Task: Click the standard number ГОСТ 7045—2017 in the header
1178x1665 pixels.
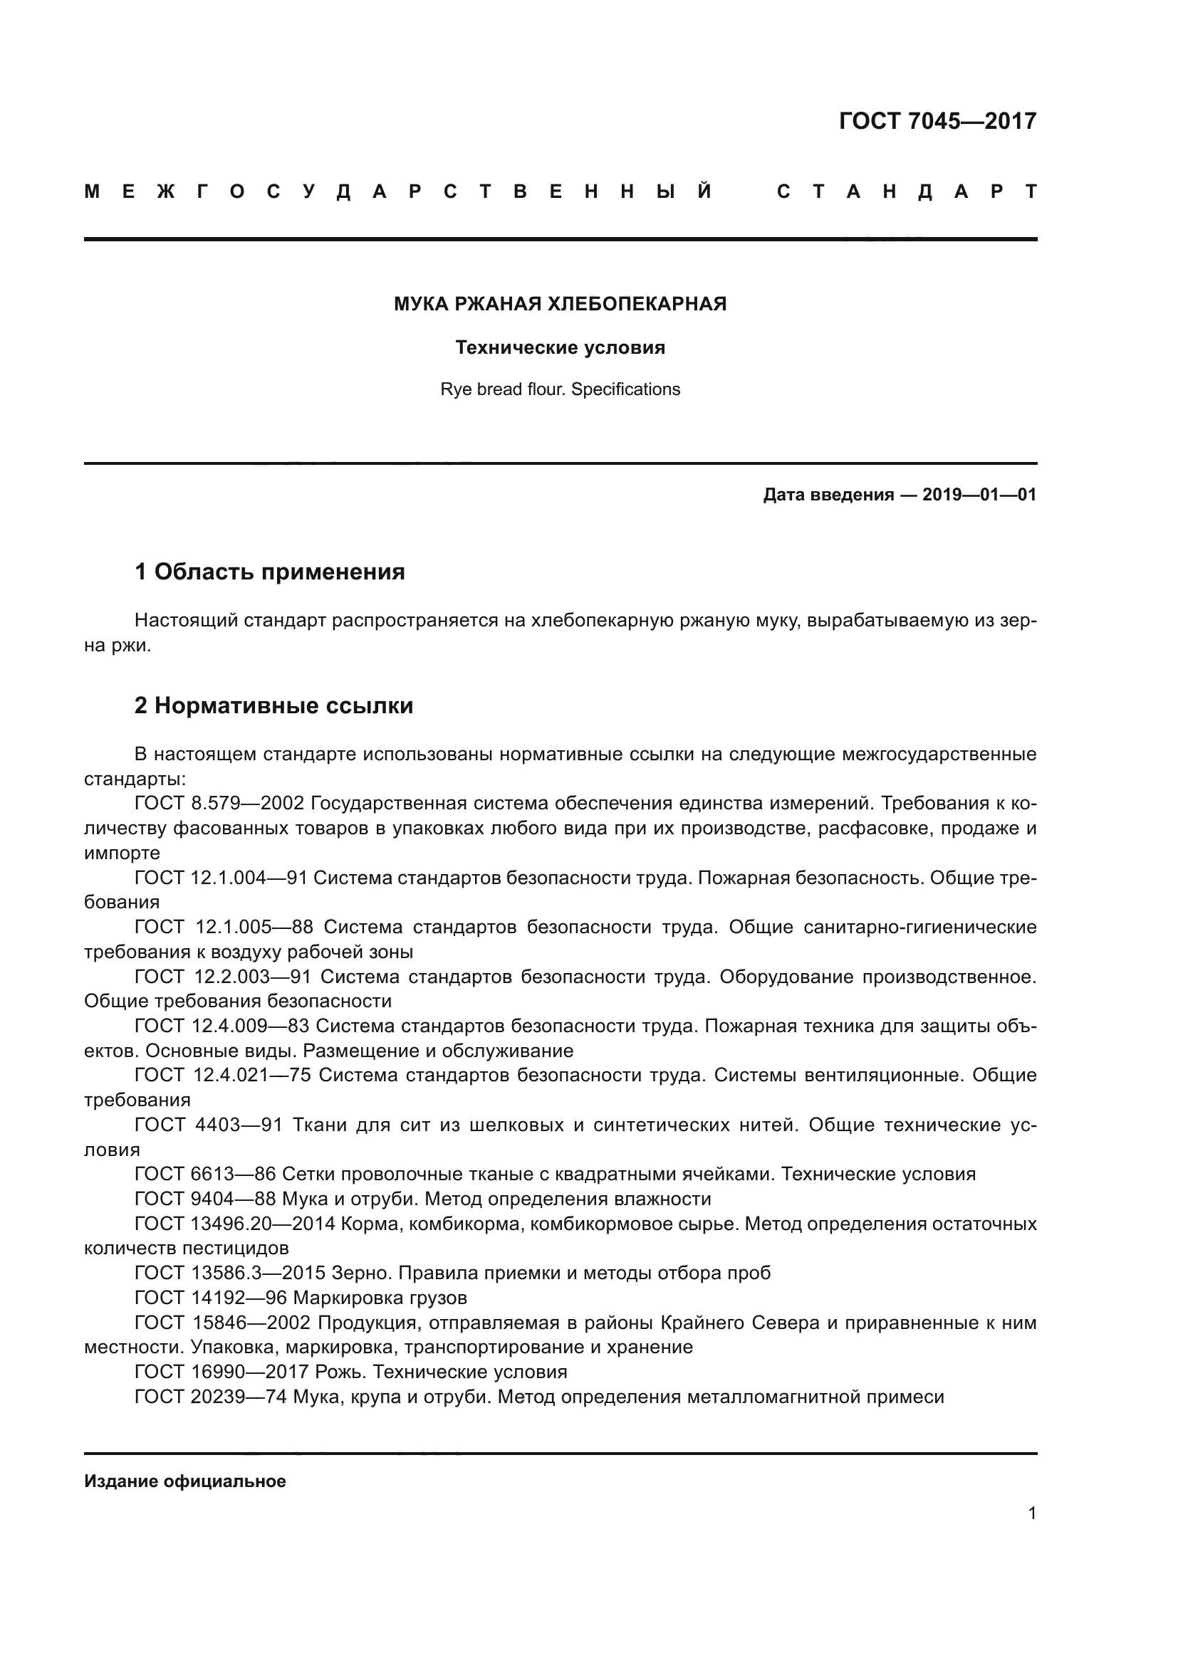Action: coord(937,121)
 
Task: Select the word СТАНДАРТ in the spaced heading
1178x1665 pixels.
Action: coord(907,192)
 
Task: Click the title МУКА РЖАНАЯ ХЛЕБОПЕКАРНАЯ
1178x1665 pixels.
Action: coord(560,304)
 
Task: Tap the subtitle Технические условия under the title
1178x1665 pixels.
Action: coord(560,347)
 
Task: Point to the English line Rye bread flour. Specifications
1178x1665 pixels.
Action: coord(560,389)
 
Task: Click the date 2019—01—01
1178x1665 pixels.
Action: coord(979,495)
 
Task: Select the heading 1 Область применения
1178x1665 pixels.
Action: coord(270,572)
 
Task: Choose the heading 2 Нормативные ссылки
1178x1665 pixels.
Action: coord(273,705)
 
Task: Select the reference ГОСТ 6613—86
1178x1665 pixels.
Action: coord(205,1174)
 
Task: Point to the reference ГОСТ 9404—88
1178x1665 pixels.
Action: coord(205,1199)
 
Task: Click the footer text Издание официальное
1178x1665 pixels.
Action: coord(185,1481)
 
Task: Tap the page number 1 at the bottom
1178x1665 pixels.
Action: coord(1031,1513)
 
